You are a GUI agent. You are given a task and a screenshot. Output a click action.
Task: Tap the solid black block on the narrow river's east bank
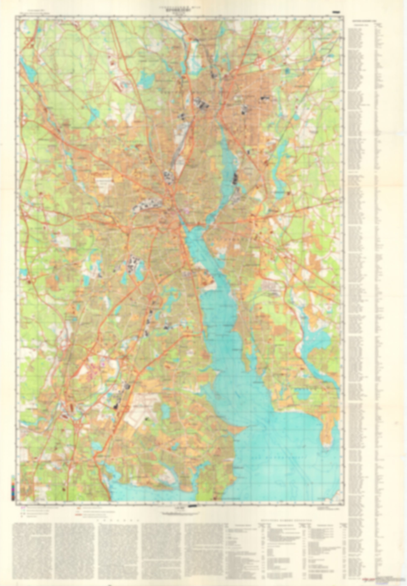[235, 177]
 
